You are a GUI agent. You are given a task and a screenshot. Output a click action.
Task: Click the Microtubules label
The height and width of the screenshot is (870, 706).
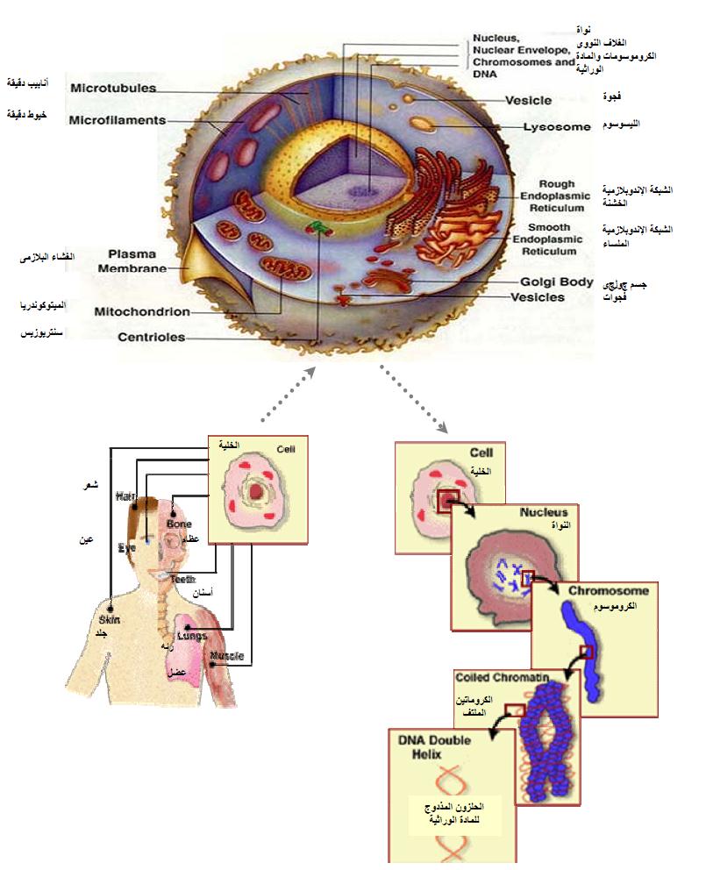(x=113, y=88)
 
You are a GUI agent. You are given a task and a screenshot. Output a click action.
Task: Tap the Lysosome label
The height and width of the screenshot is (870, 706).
(x=557, y=127)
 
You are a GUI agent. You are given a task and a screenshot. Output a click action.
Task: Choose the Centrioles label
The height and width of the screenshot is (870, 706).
(x=151, y=336)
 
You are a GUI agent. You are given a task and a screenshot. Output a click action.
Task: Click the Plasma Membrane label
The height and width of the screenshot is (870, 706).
(x=132, y=260)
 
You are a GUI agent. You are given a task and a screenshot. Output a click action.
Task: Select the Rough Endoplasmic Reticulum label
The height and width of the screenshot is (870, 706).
(x=551, y=196)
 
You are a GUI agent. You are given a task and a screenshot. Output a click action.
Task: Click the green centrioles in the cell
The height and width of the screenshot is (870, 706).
(x=318, y=230)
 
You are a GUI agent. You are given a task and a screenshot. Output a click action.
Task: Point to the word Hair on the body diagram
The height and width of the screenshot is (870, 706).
(x=126, y=497)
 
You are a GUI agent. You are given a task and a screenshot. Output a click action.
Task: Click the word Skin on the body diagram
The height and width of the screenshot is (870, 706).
(x=108, y=619)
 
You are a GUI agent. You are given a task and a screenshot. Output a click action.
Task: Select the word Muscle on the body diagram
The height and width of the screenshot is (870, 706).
(x=227, y=656)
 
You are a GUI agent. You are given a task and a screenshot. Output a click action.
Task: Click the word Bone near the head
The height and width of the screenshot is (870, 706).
(x=179, y=524)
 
